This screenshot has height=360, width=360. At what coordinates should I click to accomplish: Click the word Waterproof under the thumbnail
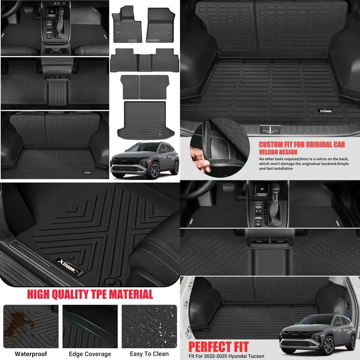click(x=31, y=354)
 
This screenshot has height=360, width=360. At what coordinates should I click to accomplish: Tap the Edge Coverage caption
click(x=90, y=354)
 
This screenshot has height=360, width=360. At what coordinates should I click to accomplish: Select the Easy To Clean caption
click(x=149, y=354)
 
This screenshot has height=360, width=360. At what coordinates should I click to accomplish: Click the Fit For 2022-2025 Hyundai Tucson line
click(x=228, y=356)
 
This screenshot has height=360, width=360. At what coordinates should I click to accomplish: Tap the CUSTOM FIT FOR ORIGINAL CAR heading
click(x=302, y=145)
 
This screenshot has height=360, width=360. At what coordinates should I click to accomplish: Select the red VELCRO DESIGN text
click(x=278, y=152)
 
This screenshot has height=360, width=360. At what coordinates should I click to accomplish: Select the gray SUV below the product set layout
click(x=145, y=160)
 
